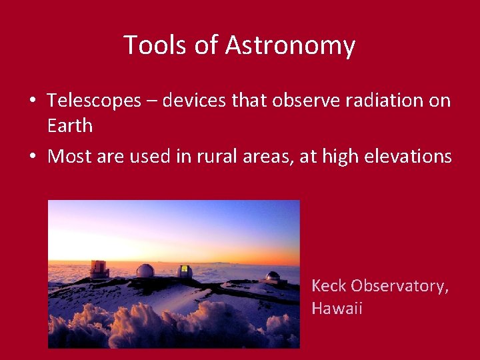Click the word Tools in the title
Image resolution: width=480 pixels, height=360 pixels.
tap(155, 45)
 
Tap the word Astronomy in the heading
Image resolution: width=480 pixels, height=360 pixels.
tap(290, 46)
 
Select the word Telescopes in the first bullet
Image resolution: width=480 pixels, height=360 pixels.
tap(94, 101)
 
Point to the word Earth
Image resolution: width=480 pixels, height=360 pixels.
tap(70, 125)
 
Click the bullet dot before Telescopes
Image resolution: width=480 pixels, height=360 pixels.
tap(33, 100)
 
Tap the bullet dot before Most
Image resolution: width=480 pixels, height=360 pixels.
tap(33, 155)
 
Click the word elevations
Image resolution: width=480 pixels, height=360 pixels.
tap(408, 156)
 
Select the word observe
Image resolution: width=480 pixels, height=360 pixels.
tap(306, 100)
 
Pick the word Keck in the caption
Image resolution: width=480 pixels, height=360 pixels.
tap(329, 285)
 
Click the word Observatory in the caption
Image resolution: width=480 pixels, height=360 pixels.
tap(399, 287)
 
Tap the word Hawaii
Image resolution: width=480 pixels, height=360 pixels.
tap(337, 307)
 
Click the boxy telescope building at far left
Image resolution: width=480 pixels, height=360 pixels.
tap(99, 269)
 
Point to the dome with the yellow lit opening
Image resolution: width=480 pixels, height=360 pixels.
tap(184, 271)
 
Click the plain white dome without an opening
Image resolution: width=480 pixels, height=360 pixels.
tap(145, 271)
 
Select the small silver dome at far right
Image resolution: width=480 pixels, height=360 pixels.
tap(273, 276)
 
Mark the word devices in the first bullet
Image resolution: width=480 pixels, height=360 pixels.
tap(194, 100)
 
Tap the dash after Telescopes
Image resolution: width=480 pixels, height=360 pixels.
tap(151, 102)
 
